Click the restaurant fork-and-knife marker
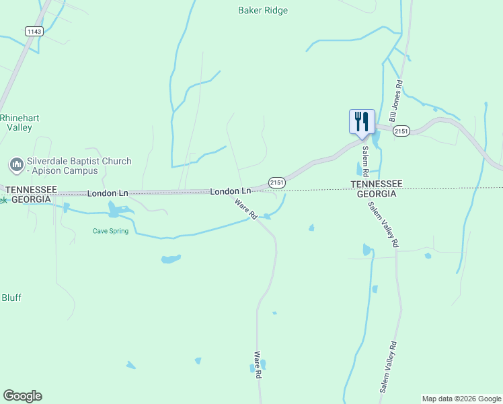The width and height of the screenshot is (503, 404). (x=362, y=121)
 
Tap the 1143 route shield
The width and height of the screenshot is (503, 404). (x=34, y=31)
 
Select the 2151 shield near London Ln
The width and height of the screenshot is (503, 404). (x=277, y=182)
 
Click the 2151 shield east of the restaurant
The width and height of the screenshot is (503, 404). (x=401, y=131)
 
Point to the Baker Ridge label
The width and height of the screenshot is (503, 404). (x=263, y=10)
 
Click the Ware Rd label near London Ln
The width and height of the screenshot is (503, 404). (x=246, y=209)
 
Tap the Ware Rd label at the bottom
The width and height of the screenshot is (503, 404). (x=257, y=364)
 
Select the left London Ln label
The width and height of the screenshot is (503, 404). (x=108, y=193)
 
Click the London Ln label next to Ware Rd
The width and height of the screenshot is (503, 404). (x=230, y=191)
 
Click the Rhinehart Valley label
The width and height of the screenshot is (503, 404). (x=20, y=123)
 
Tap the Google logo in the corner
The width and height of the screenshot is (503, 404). (x=22, y=396)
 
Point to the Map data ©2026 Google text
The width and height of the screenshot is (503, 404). (x=461, y=399)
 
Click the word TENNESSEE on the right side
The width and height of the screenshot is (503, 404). (x=376, y=184)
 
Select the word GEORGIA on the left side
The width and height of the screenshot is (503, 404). (x=28, y=200)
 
